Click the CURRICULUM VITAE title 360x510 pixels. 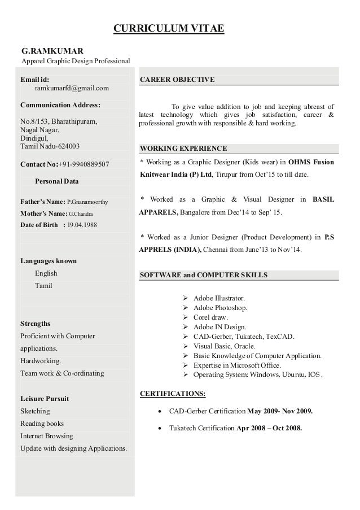[x=169, y=29]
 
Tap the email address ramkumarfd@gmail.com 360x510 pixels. [x=72, y=88]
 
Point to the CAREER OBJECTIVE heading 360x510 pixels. [x=177, y=80]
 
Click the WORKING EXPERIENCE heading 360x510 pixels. [x=183, y=149]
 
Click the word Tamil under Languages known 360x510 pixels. [x=43, y=286]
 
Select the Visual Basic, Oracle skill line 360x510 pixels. [x=224, y=346]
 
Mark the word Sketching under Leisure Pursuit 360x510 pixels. [x=35, y=411]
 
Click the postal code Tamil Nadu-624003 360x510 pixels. [x=50, y=146]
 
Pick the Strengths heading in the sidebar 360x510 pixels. [x=35, y=324]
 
